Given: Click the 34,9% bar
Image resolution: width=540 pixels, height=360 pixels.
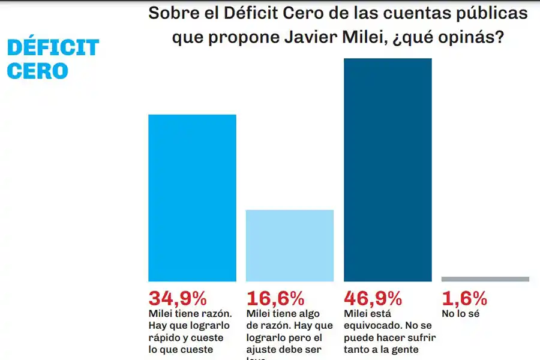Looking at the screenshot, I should pyautogui.click(x=192, y=198).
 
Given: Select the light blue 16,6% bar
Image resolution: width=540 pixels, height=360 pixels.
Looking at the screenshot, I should pyautogui.click(x=290, y=245).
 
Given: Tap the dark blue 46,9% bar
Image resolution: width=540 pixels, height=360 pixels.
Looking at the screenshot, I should pyautogui.click(x=388, y=170).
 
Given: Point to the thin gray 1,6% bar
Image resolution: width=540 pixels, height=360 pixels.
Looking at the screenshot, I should pyautogui.click(x=485, y=279).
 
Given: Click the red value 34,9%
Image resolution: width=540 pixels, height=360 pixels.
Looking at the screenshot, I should pyautogui.click(x=178, y=298).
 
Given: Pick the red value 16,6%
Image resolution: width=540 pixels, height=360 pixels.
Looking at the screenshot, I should pyautogui.click(x=275, y=298).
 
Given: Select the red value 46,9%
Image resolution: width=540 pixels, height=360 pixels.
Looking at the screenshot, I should pyautogui.click(x=373, y=298).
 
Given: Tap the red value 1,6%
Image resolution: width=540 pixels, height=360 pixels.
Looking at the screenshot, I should pyautogui.click(x=464, y=298).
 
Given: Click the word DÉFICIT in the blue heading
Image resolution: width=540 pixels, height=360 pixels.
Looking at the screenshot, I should pyautogui.click(x=53, y=48).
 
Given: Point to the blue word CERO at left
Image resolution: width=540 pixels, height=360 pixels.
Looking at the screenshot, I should pyautogui.click(x=38, y=71).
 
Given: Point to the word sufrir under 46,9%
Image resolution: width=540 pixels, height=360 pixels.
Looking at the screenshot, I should pyautogui.click(x=421, y=337).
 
